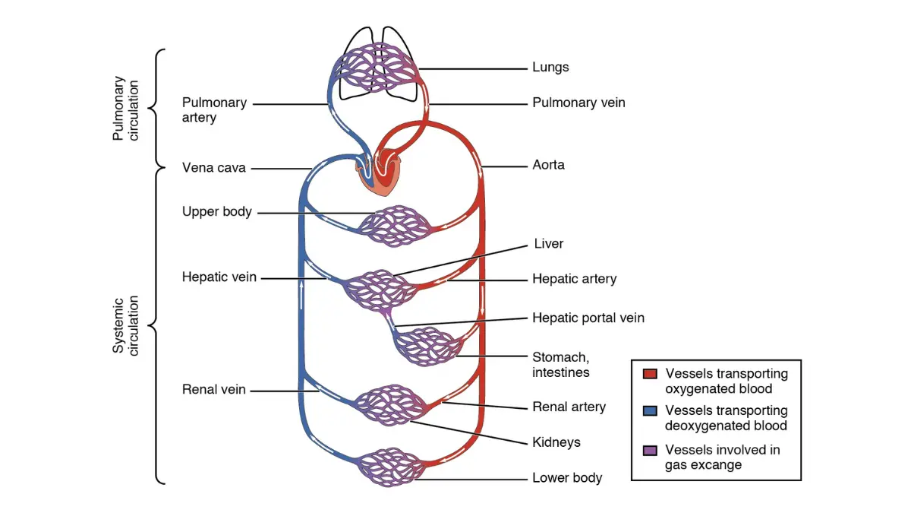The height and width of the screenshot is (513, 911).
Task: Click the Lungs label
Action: tap(550, 67)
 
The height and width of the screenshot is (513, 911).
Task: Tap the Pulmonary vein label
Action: tap(578, 103)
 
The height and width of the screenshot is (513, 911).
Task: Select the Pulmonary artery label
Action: tap(214, 110)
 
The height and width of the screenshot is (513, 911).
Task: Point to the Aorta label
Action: tap(548, 165)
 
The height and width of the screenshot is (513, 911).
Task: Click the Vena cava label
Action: tap(214, 168)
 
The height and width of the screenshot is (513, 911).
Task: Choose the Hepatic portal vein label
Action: tap(588, 318)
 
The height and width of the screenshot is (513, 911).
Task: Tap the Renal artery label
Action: tap(569, 407)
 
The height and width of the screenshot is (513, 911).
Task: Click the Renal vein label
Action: tap(214, 390)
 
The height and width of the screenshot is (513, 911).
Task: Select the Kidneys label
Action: tap(556, 442)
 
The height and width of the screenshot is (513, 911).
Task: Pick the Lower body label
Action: tap(567, 477)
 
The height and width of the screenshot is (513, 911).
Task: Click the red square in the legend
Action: tap(650, 374)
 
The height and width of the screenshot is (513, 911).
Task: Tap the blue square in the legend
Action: tap(650, 411)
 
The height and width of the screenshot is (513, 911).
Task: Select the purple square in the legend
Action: tap(650, 450)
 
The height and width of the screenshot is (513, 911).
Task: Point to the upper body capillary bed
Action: tap(395, 226)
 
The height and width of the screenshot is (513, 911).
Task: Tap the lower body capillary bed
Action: tap(390, 467)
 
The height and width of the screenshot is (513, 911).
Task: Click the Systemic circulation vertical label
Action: tap(125, 326)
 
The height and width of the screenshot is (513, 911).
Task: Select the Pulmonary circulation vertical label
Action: tap(125, 108)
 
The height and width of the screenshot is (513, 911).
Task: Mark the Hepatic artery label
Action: tap(575, 279)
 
